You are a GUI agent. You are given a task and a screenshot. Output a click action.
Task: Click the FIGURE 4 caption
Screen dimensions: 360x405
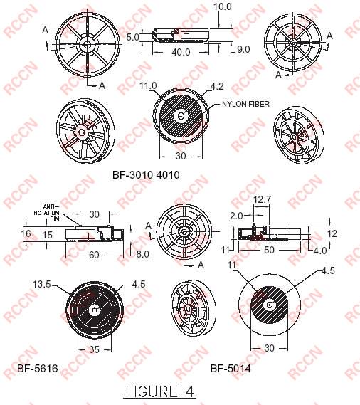pyautogui.click(x=160, y=391)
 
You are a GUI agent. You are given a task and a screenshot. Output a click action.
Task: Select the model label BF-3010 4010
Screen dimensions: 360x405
pyautogui.click(x=146, y=175)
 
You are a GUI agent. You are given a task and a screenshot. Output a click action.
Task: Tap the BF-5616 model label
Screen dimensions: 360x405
pyautogui.click(x=38, y=368)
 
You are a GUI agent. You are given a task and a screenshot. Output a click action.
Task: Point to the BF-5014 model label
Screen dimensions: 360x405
pyautogui.click(x=231, y=368)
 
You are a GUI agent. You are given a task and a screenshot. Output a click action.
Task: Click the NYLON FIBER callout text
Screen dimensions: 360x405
pyautogui.click(x=245, y=104)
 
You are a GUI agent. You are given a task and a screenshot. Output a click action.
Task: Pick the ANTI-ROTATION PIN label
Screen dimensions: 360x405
pyautogui.click(x=47, y=213)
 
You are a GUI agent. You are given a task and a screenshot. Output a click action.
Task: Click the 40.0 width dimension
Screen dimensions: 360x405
pyautogui.click(x=181, y=52)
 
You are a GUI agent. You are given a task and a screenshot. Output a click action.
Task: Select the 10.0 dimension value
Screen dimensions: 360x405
pyautogui.click(x=222, y=6)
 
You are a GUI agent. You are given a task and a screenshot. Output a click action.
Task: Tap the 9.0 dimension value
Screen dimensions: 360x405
pyautogui.click(x=243, y=49)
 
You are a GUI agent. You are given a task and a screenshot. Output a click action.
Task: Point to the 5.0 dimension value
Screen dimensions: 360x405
pyautogui.click(x=132, y=37)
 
